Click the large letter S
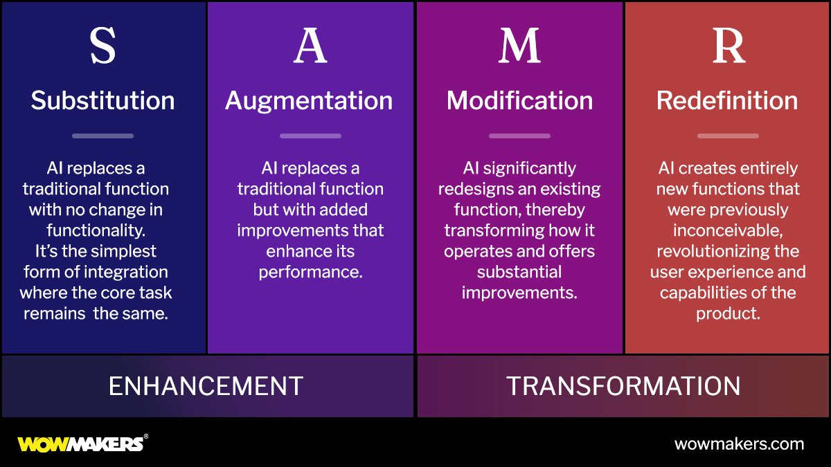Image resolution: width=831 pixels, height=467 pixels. pyautogui.click(x=102, y=46)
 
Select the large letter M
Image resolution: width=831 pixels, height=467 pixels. pyautogui.click(x=519, y=46)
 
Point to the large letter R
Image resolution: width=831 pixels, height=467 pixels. pyautogui.click(x=728, y=46)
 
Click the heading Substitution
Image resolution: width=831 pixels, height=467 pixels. pyautogui.click(x=102, y=101)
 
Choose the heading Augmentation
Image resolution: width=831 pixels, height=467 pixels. pyautogui.click(x=309, y=101)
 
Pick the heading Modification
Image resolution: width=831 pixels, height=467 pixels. pyautogui.click(x=519, y=101)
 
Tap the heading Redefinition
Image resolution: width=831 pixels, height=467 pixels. pyautogui.click(x=727, y=101)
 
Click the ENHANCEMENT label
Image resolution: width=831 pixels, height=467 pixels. pyautogui.click(x=206, y=386)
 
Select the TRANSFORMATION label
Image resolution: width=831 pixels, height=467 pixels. pyautogui.click(x=623, y=386)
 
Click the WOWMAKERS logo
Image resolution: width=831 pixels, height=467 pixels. pyautogui.click(x=82, y=443)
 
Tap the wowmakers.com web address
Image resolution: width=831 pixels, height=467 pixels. pyautogui.click(x=739, y=444)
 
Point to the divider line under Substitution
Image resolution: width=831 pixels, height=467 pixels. pyautogui.click(x=102, y=136)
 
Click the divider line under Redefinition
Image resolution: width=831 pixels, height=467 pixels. pyautogui.click(x=728, y=136)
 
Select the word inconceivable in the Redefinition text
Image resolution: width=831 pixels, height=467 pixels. pyautogui.click(x=726, y=230)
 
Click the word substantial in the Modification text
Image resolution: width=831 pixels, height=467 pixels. pyautogui.click(x=519, y=272)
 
